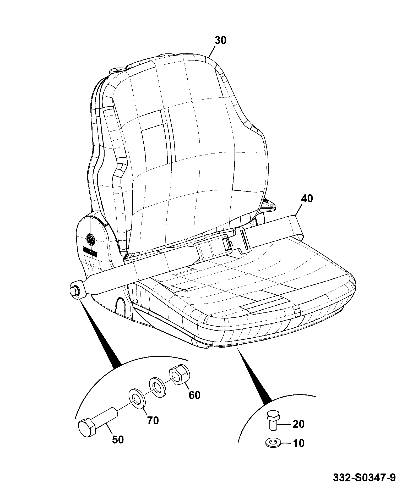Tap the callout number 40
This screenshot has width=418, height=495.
pyautogui.click(x=307, y=199)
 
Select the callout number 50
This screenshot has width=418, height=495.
pyautogui.click(x=118, y=440)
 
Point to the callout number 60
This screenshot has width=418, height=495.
pyautogui.click(x=194, y=395)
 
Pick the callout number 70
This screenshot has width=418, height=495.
pyautogui.click(x=153, y=421)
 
